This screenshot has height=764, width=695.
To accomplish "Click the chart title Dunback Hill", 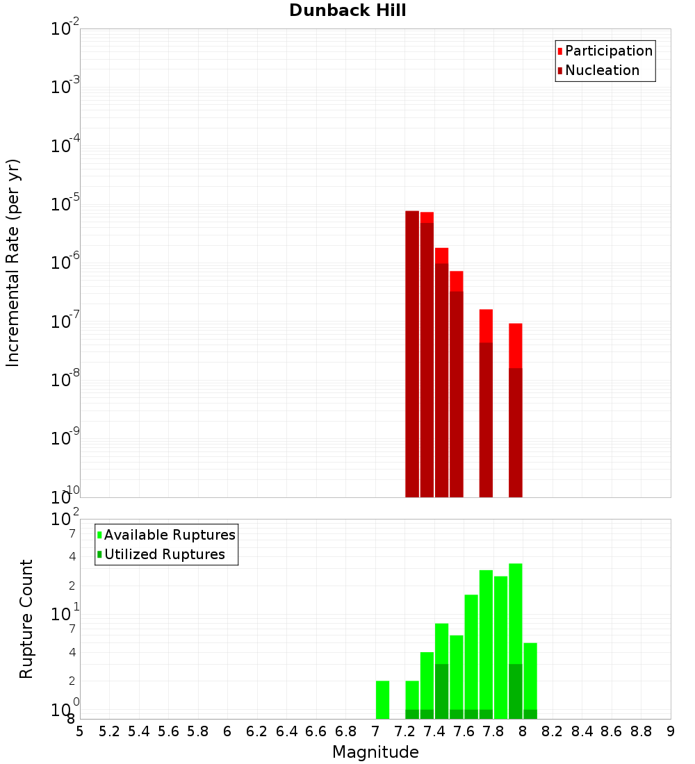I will (347, 10).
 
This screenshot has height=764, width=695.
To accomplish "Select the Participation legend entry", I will (609, 51).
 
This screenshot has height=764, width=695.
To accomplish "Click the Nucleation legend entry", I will (602, 71).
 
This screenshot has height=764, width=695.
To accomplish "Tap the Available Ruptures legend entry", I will (170, 535).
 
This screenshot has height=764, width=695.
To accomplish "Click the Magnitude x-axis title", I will (375, 752).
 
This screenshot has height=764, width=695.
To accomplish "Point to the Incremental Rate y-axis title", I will (13, 263).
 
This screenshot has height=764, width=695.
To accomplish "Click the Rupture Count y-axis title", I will (26, 619).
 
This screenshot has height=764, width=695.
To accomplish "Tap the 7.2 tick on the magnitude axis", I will (404, 731).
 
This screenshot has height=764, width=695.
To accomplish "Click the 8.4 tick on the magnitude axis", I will (582, 731).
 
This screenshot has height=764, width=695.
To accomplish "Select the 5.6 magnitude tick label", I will (168, 731).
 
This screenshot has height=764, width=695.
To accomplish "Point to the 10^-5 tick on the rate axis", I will (65, 205).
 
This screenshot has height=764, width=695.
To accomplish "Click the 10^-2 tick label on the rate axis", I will (65, 30).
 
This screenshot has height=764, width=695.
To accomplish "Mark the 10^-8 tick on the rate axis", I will (65, 380).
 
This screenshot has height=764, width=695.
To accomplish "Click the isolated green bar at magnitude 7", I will (382, 700).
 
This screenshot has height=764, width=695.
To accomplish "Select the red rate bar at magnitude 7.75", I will (486, 403).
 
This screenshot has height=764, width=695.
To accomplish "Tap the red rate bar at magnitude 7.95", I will (515, 410).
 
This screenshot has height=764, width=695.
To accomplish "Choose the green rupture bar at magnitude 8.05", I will (530, 681).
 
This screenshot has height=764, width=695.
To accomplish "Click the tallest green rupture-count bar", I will (515, 639).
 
